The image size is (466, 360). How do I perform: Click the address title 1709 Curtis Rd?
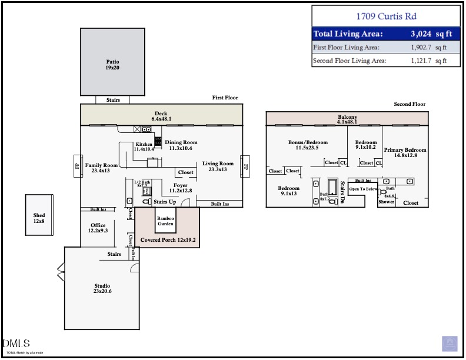pyautogui.click(x=385, y=16)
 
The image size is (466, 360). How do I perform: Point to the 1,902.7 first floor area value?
pyautogui.click(x=422, y=48)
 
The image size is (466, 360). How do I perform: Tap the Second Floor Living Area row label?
pyautogui.click(x=349, y=61)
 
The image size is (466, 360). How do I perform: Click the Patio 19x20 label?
pyautogui.click(x=112, y=65)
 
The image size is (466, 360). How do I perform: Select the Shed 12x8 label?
pyautogui.click(x=39, y=219)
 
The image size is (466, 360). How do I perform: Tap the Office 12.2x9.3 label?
pyautogui.click(x=98, y=228)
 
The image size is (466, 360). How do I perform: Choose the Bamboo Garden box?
pyautogui.click(x=165, y=221)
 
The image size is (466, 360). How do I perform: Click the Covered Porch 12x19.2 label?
pyautogui.click(x=168, y=241)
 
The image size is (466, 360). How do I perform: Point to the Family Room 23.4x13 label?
pyautogui.click(x=101, y=168)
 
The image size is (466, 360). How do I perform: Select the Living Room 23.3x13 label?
pyautogui.click(x=218, y=166)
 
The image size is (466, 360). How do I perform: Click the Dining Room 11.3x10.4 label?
pyautogui.click(x=181, y=145)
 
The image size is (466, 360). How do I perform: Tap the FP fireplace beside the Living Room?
pyautogui.click(x=246, y=167)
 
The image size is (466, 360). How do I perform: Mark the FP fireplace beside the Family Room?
pyautogui.click(x=76, y=166)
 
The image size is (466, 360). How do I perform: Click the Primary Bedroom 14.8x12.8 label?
pyautogui.click(x=405, y=153)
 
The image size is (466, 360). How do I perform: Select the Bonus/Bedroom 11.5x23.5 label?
pyautogui.click(x=308, y=145)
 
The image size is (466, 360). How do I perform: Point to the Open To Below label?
pyautogui.click(x=363, y=189)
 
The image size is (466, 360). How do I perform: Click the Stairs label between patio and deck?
pyautogui.click(x=113, y=100)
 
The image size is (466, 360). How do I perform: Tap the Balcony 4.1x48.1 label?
pyautogui.click(x=348, y=119)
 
